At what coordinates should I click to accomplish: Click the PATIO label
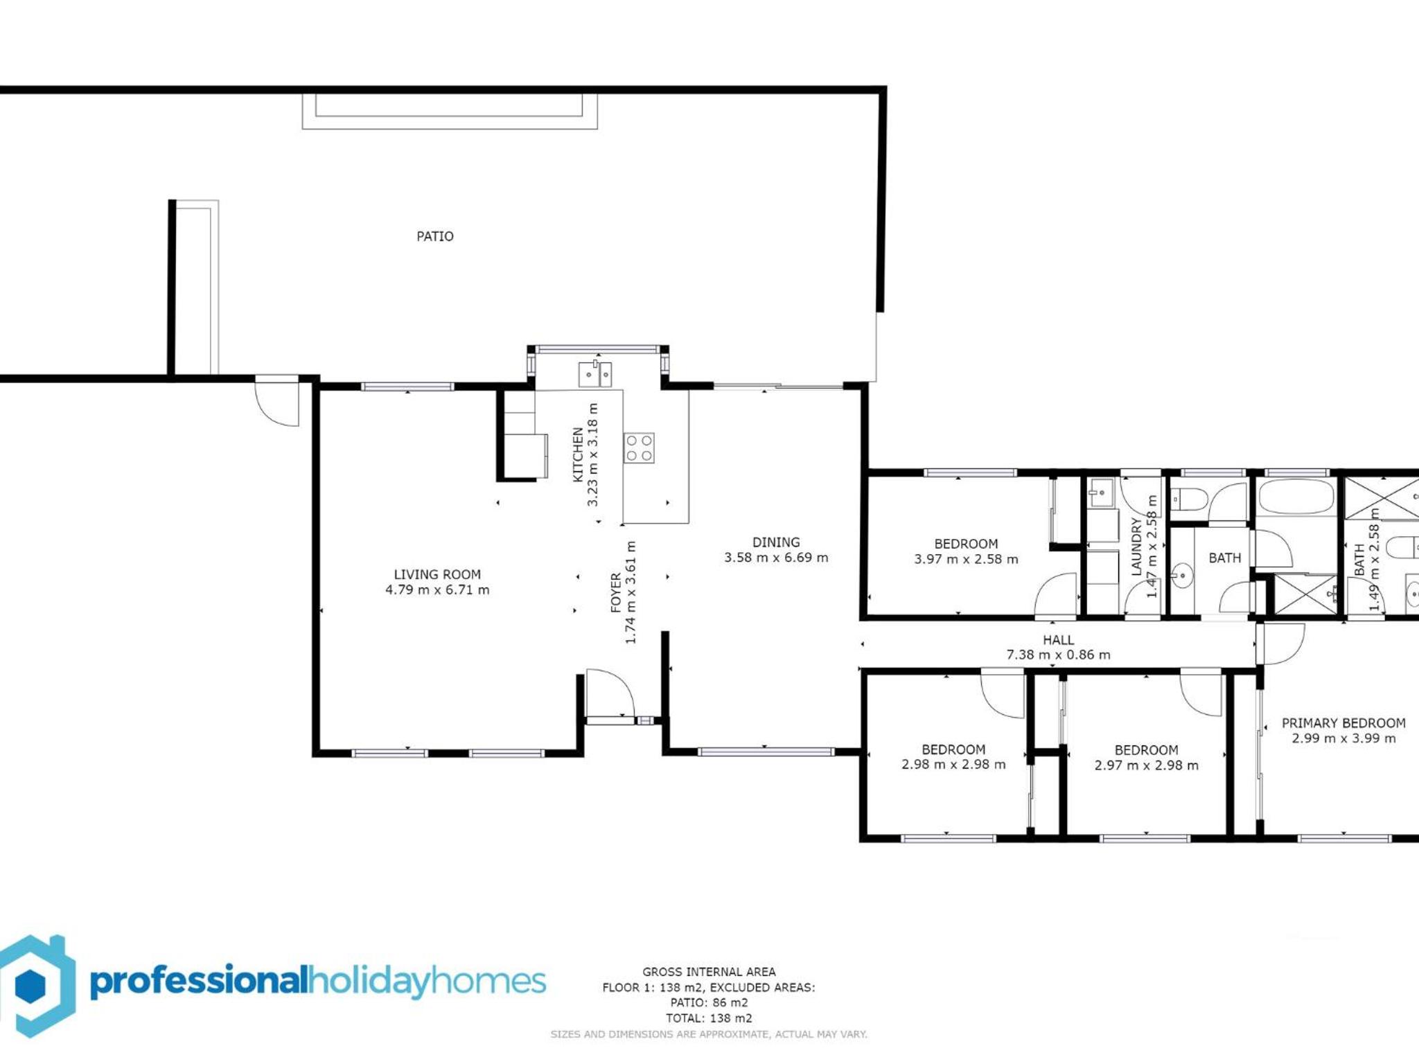(x=435, y=236)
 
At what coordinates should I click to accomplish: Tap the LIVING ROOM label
(x=437, y=574)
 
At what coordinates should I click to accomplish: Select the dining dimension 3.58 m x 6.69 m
(x=776, y=558)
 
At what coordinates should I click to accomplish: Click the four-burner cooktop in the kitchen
(x=639, y=447)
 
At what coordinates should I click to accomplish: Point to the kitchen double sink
(x=595, y=374)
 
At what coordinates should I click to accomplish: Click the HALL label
(x=1058, y=640)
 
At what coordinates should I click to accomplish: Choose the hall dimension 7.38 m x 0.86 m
(x=1058, y=655)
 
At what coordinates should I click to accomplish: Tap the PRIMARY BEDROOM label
(x=1343, y=723)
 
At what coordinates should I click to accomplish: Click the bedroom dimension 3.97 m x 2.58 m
(x=966, y=559)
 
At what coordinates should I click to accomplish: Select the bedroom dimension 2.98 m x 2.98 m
(x=953, y=765)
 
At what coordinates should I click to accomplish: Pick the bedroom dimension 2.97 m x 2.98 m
(x=1146, y=765)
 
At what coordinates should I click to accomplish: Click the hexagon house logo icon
(x=35, y=985)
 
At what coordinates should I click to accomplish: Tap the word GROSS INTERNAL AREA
(x=709, y=972)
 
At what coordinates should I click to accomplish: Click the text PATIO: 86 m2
(x=709, y=1002)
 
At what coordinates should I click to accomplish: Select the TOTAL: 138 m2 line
(x=709, y=1018)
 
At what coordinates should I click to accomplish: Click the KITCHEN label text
(x=578, y=454)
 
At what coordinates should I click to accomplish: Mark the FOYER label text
(x=616, y=592)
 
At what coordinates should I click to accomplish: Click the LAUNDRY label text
(x=1136, y=547)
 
